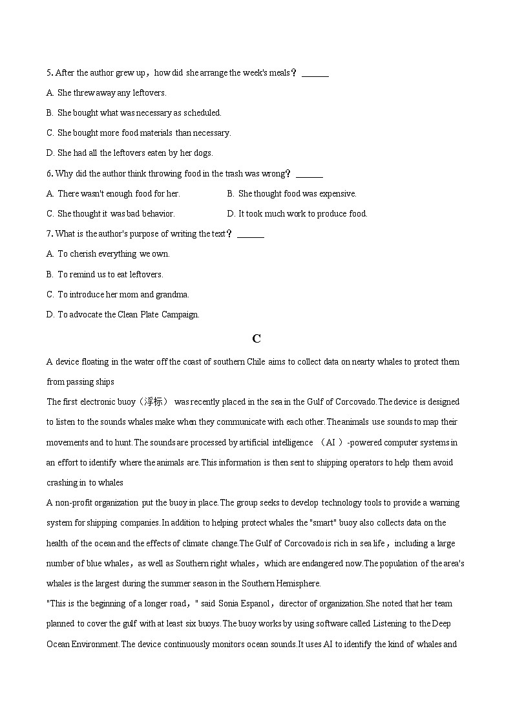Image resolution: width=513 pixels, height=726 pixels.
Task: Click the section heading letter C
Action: (x=256, y=338)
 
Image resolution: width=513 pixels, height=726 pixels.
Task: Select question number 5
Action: (x=49, y=72)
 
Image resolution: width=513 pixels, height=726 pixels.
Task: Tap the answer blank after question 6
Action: (x=311, y=174)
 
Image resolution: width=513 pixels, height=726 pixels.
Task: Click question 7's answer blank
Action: (x=251, y=234)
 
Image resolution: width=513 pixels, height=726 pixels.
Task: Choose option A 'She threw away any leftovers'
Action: (x=107, y=92)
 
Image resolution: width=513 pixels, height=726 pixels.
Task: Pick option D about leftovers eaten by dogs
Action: (x=129, y=153)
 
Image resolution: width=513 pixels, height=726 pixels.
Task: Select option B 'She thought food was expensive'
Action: (x=291, y=193)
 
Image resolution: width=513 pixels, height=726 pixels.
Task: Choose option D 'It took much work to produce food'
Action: (x=297, y=213)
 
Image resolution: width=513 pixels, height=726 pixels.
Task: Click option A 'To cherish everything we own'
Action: (x=108, y=253)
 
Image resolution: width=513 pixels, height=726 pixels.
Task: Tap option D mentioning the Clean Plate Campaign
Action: (x=123, y=314)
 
